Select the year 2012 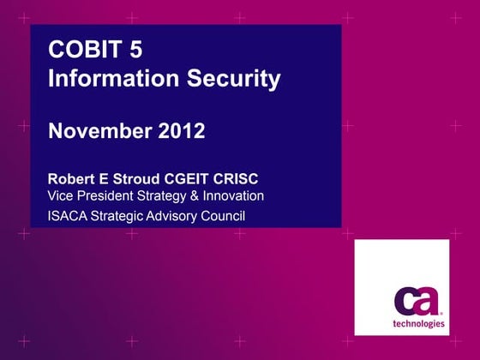click(181, 131)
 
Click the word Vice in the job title click(61, 196)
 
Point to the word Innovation click(232, 196)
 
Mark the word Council click(224, 215)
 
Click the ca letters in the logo click(417, 301)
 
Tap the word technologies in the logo click(418, 324)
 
